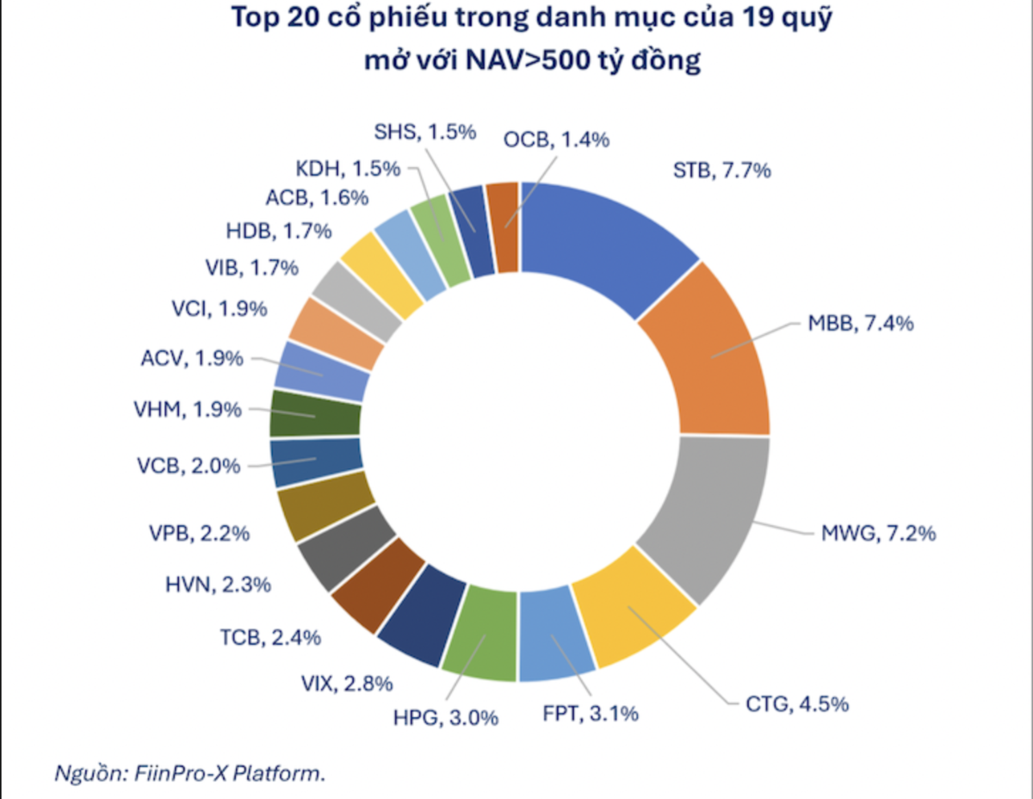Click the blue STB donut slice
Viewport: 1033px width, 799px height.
point(603,250)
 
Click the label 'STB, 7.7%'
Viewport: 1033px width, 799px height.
point(721,170)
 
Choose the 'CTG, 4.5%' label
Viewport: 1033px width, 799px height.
point(797,704)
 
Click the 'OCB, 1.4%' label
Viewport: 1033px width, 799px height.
point(557,139)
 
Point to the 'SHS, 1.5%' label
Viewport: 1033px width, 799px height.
point(425,132)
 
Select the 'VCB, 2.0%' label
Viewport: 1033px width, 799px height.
point(189,466)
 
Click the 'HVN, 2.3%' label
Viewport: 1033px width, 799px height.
point(218,585)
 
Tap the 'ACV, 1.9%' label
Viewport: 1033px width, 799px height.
point(191,358)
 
